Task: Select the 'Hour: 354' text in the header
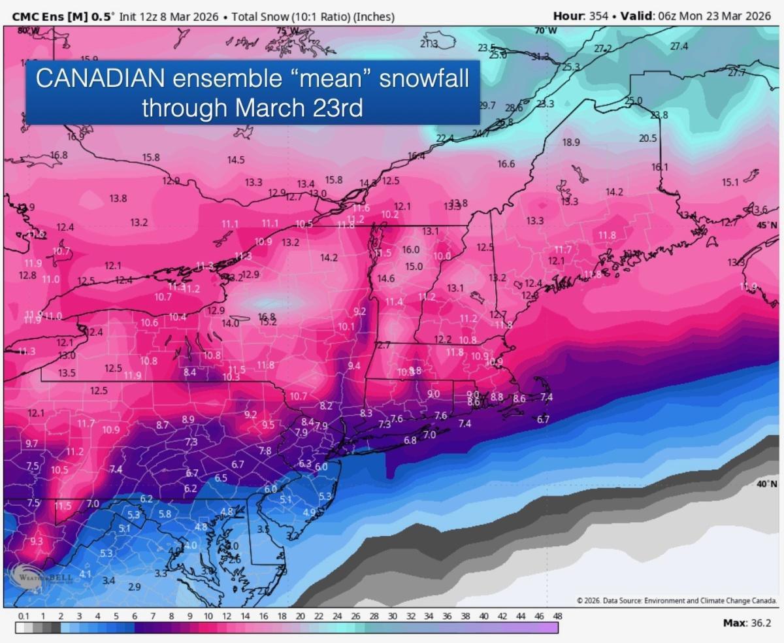579,14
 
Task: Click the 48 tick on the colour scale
557,616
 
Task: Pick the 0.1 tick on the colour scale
24,616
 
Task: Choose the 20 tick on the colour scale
300,616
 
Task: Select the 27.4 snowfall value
679,46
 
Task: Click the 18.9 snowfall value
570,142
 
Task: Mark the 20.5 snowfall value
647,138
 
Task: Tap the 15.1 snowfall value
730,182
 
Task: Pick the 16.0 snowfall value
410,250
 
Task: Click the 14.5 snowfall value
236,160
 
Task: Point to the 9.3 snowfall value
37,541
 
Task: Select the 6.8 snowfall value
410,440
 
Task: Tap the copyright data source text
676,600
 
